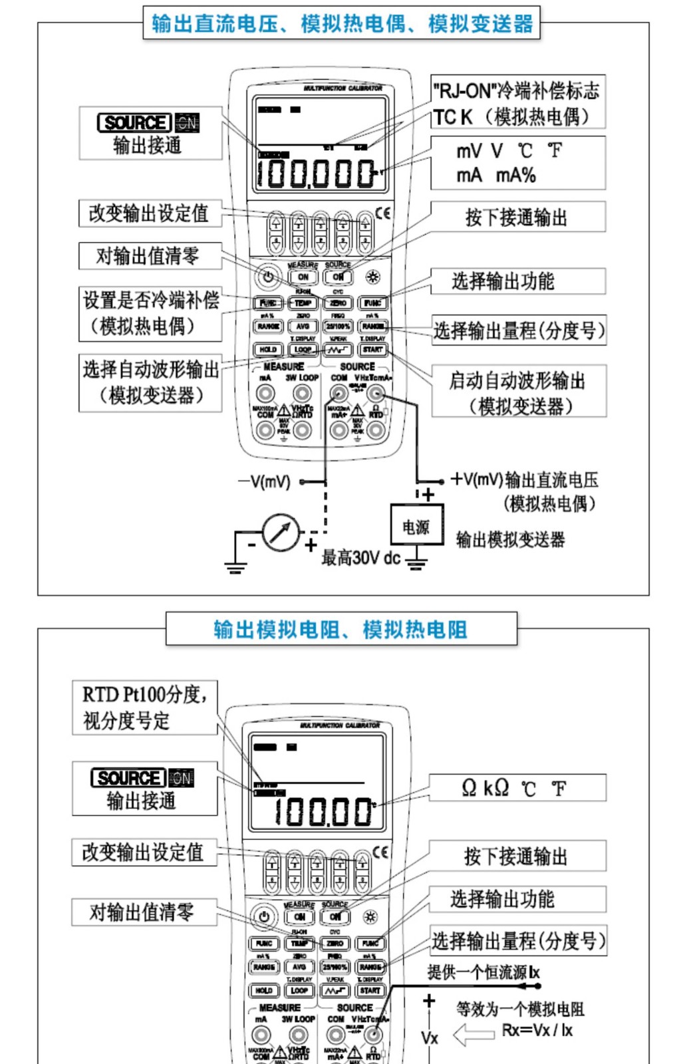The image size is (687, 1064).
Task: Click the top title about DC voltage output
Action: click(342, 23)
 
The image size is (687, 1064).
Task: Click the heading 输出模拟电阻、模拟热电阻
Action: click(341, 629)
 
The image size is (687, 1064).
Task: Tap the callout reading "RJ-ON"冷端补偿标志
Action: click(517, 90)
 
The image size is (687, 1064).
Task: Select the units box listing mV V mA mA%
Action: click(517, 163)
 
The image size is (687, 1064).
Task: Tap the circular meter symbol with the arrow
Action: click(281, 532)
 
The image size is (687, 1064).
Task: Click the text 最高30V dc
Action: click(361, 557)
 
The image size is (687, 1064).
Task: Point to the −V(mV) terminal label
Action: click(265, 481)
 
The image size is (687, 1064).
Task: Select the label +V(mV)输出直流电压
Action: click(524, 480)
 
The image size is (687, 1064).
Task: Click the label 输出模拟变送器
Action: click(510, 539)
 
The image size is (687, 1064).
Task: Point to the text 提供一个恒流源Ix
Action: click(483, 972)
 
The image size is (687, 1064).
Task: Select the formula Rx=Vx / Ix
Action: click(537, 1031)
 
